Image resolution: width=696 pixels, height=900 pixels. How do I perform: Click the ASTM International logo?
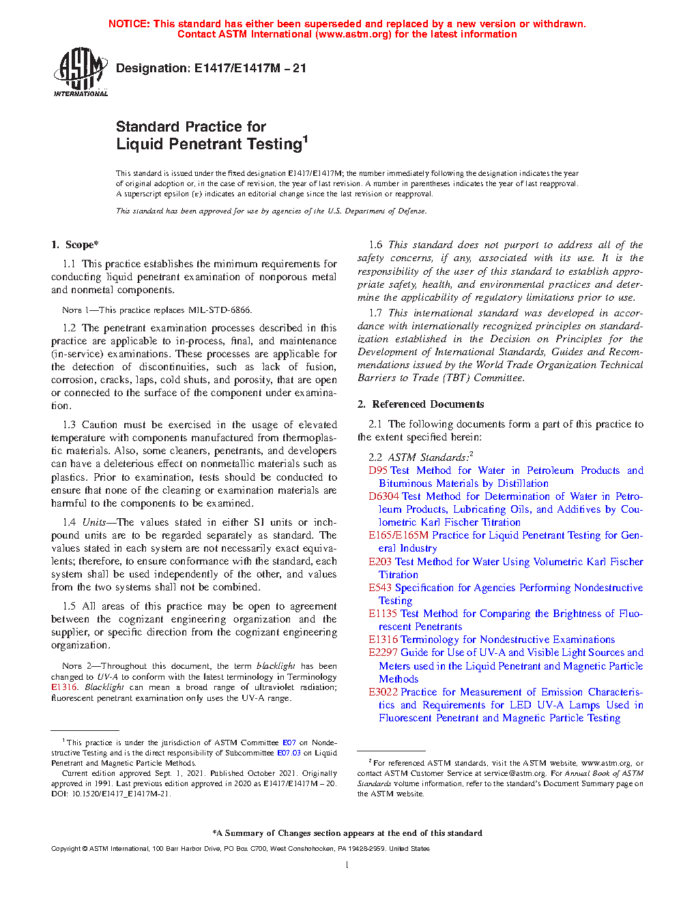pos(80,72)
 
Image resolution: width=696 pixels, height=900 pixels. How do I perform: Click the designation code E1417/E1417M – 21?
pos(250,68)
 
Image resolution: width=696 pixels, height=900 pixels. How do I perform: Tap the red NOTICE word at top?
pos(129,24)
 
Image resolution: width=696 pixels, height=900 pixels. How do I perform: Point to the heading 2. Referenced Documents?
pos(420,404)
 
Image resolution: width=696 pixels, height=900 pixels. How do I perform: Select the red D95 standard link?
pos(378,470)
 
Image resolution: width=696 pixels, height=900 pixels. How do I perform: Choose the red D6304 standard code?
pos(383,496)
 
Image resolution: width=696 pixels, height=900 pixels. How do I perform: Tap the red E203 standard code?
pos(380,562)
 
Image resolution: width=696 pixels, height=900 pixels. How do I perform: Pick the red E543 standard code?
pos(380,588)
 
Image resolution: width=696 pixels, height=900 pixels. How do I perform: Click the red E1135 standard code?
pos(383,614)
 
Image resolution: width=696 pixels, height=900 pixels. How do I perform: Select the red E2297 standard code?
pos(383,652)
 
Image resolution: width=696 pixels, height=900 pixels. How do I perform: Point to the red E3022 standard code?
pos(383,692)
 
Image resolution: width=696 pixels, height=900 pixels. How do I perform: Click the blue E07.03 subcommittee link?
pos(289,753)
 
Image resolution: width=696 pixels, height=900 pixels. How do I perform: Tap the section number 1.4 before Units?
pos(69,522)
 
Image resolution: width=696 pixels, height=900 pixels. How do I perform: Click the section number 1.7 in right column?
pos(375,313)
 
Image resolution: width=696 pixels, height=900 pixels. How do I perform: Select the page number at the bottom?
pos(347,865)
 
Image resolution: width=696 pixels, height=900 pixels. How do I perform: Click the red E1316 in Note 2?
pos(64,687)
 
